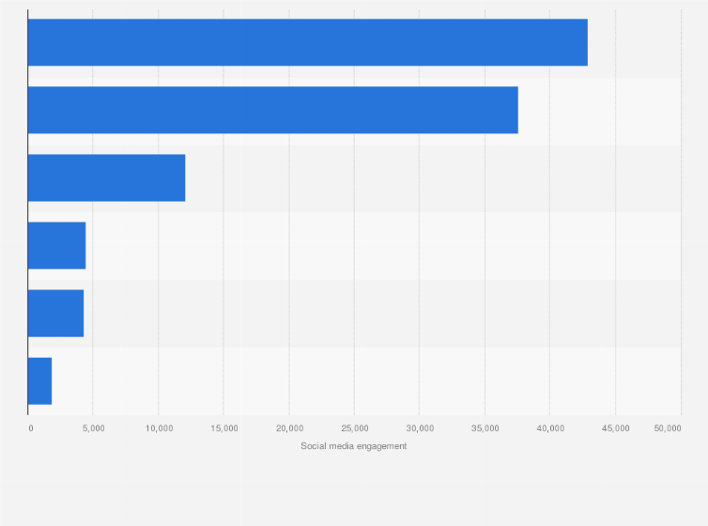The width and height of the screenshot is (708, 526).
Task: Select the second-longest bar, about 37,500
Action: click(x=272, y=110)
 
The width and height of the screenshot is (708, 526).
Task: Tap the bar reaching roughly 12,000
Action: click(x=106, y=178)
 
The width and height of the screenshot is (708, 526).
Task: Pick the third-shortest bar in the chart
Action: click(x=56, y=245)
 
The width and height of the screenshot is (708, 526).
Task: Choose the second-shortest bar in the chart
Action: click(x=55, y=313)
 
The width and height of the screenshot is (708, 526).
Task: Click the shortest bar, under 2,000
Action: click(x=39, y=380)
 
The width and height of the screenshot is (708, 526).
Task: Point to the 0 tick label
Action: click(x=31, y=428)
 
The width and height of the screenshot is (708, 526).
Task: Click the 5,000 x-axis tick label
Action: click(x=93, y=428)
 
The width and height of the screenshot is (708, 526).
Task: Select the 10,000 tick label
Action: click(x=159, y=428)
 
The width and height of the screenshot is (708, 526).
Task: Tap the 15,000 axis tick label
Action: click(x=223, y=428)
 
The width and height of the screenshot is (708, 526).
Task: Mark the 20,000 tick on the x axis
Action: click(x=289, y=428)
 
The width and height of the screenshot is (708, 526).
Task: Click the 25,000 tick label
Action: click(x=354, y=428)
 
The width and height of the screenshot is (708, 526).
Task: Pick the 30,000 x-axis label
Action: click(x=420, y=428)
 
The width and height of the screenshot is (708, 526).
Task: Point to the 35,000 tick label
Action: click(x=485, y=428)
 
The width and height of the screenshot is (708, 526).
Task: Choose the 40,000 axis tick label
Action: click(x=550, y=428)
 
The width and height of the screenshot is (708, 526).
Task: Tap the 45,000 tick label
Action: click(x=615, y=428)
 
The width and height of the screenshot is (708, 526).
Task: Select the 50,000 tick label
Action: click(x=668, y=428)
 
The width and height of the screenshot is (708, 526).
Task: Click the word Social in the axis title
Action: click(x=313, y=446)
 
